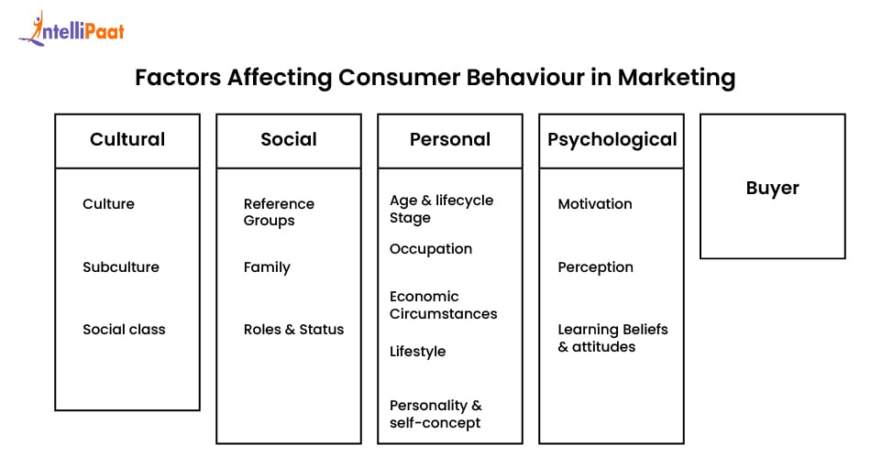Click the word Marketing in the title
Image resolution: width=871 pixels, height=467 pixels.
[x=676, y=78]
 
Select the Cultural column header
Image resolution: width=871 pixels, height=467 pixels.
[x=127, y=140]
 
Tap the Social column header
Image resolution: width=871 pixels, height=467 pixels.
[x=288, y=140]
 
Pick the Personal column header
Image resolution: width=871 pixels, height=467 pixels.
[x=450, y=140]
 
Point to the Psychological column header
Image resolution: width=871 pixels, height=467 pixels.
[x=612, y=140]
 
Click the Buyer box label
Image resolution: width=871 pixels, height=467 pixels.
[x=772, y=189]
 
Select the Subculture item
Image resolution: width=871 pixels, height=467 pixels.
[x=121, y=267]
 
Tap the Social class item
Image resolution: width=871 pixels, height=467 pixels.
[x=124, y=330]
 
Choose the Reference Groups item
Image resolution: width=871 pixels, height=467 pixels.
[x=279, y=212]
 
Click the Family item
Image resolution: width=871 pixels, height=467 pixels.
[x=267, y=267]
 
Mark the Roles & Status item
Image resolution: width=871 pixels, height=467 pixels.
[x=293, y=330]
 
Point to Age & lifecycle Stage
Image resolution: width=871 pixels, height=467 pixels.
[x=441, y=209]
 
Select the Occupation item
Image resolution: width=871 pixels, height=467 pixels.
[x=431, y=249]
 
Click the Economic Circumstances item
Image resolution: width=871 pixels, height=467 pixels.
[x=443, y=305]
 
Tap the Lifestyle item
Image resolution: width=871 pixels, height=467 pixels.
[x=417, y=352]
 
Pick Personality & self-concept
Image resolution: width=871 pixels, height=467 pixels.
[x=435, y=414]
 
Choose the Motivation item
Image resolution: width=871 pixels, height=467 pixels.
[x=595, y=204]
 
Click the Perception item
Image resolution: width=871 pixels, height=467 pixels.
[x=595, y=267]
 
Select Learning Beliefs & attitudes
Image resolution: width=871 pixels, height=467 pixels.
[x=612, y=338]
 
